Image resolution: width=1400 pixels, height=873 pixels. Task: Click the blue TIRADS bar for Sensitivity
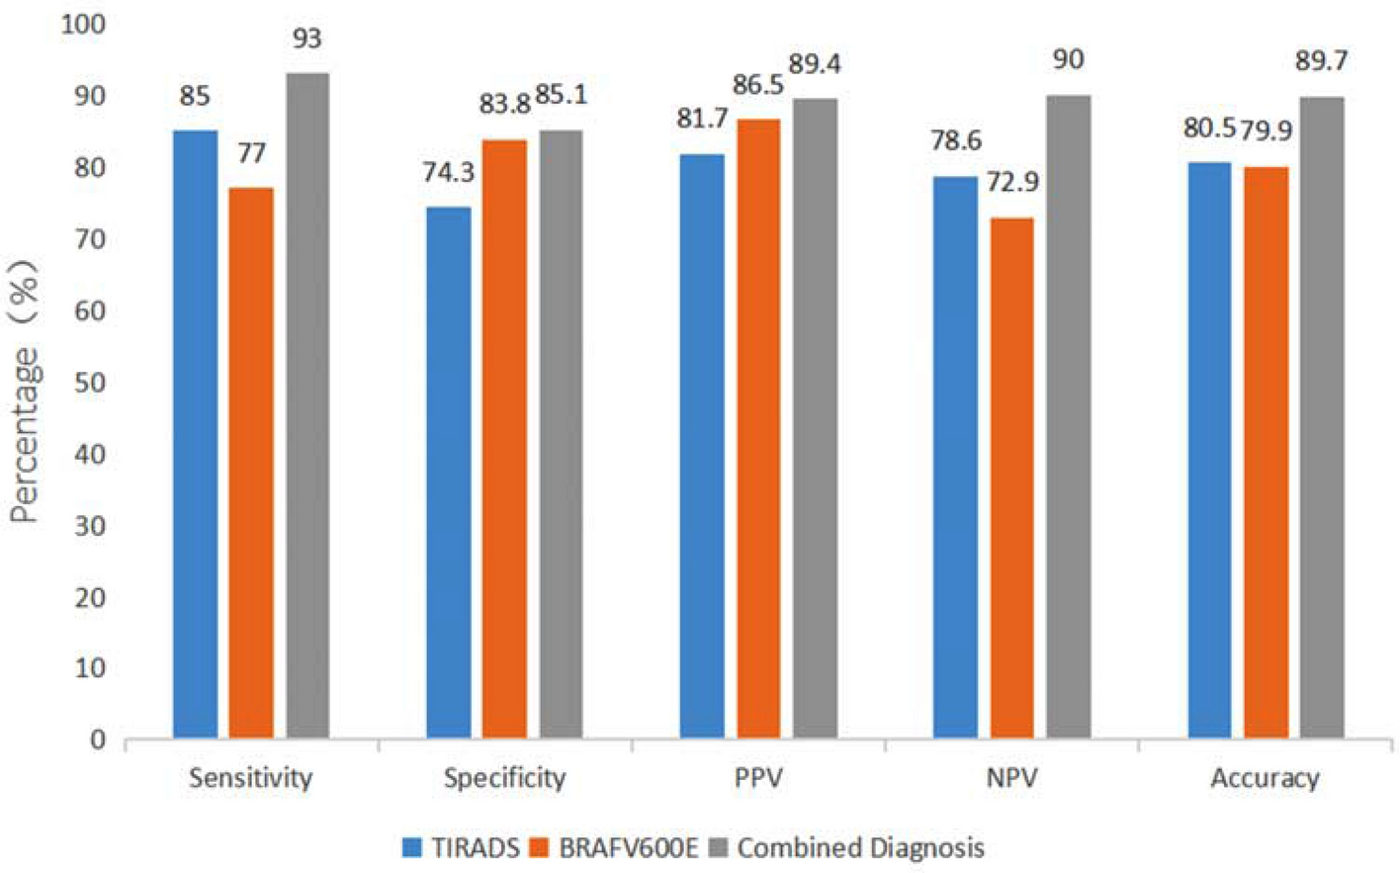pos(195,435)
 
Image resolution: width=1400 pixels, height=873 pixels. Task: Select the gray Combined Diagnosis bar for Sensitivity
pos(307,405)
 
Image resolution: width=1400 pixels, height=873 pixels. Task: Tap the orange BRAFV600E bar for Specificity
pos(504,440)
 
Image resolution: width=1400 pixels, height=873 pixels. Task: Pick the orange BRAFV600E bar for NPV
pos(1011,479)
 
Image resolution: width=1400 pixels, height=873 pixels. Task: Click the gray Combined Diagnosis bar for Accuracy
pos(1321,417)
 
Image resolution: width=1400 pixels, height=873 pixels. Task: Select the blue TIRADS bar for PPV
pos(701,446)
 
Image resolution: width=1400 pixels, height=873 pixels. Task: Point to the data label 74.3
pos(448,173)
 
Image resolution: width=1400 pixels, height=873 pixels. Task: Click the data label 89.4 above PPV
pos(814,65)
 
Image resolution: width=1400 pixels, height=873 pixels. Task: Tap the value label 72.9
pos(1012,183)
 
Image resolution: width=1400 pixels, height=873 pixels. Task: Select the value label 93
pos(307,40)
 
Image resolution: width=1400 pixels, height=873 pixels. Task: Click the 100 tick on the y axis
pos(83,25)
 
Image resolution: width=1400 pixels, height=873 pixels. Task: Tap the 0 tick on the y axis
pos(98,740)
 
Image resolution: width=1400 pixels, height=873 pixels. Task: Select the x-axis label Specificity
pos(504,778)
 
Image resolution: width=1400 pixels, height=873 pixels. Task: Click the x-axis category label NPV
pos(1011,778)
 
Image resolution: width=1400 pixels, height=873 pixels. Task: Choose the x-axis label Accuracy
pos(1265,778)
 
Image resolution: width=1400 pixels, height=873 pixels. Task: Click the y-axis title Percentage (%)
pos(25,392)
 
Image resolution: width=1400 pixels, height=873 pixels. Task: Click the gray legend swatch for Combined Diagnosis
pos(719,847)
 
